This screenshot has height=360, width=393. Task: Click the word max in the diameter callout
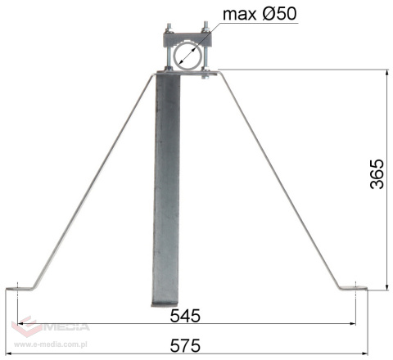point(239,13)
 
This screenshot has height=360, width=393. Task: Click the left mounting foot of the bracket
point(27,286)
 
